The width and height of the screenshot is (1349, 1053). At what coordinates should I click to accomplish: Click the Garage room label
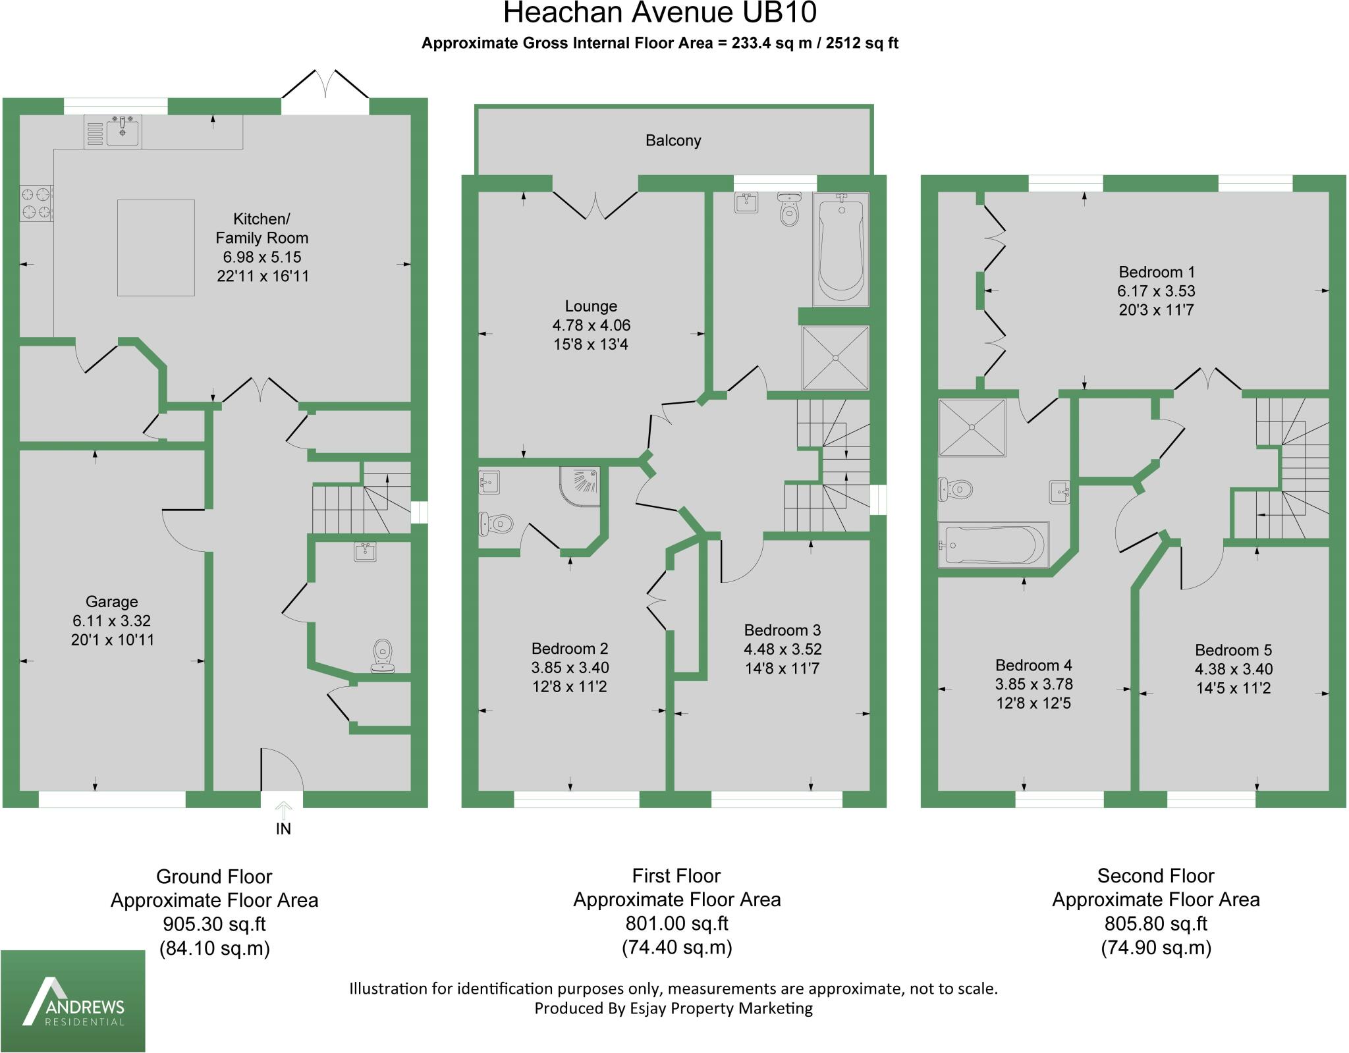click(x=111, y=601)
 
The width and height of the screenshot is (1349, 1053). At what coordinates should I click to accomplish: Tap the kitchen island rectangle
click(x=155, y=248)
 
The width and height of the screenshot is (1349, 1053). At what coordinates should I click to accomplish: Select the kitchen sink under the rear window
click(x=123, y=131)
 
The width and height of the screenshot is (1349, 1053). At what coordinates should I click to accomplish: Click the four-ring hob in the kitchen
click(x=36, y=203)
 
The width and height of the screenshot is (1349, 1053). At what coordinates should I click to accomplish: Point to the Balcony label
click(x=673, y=140)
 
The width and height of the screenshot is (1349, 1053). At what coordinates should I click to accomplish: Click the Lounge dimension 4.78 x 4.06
click(x=591, y=325)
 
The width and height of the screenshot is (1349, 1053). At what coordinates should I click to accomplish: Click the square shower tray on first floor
click(x=835, y=358)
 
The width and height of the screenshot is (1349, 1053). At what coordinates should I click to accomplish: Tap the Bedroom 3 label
click(x=783, y=630)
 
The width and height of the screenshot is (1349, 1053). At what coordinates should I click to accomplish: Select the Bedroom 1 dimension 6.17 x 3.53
click(x=1156, y=291)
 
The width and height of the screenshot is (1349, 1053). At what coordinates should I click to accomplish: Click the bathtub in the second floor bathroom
click(x=993, y=545)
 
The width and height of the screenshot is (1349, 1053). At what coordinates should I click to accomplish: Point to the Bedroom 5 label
click(x=1233, y=650)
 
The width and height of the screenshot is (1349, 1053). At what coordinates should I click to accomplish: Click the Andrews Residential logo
click(x=73, y=1000)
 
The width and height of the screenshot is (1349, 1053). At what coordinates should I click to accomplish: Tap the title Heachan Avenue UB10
click(x=660, y=13)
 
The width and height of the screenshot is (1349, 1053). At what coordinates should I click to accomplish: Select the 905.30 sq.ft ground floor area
click(x=214, y=924)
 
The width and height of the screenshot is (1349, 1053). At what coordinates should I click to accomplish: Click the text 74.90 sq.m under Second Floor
click(x=1156, y=948)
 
